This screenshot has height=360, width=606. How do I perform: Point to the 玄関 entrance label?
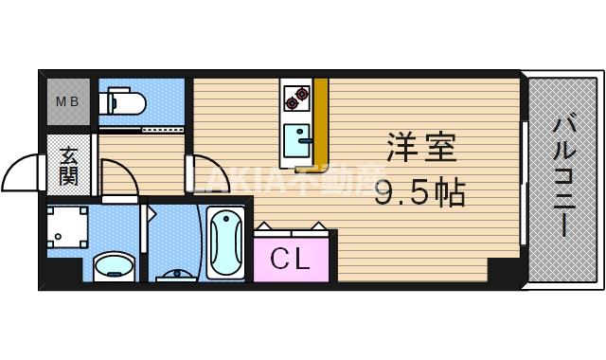[69, 167]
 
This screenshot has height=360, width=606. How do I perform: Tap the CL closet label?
[291, 258]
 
